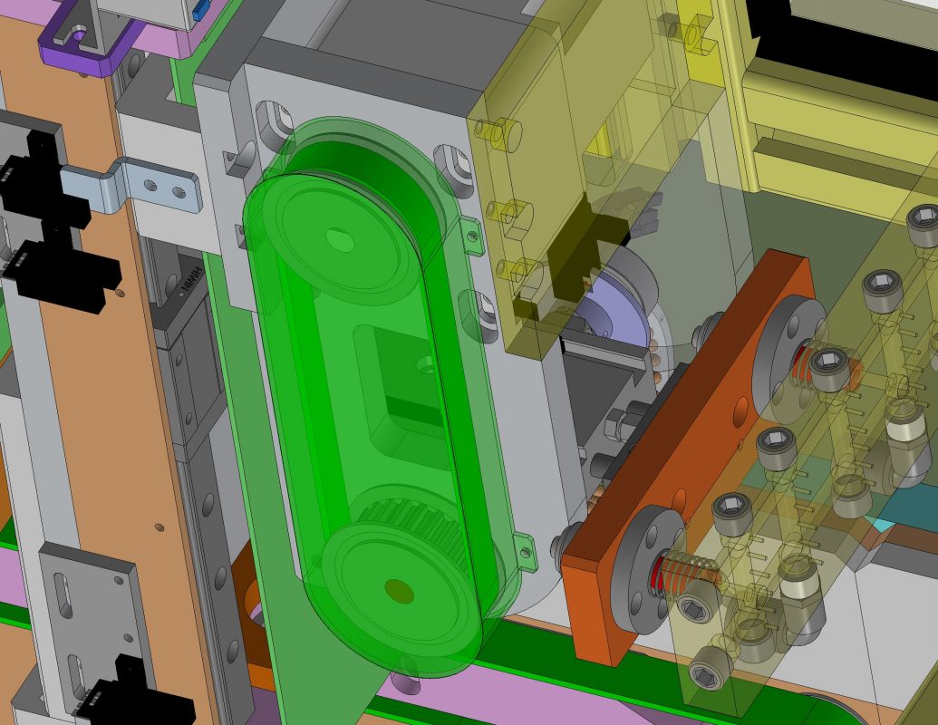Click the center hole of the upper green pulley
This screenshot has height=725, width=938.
point(340,240)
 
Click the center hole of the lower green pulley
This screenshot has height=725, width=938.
point(398,592)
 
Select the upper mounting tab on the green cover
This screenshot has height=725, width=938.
point(471,236)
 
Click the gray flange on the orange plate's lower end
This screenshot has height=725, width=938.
point(639,566)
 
